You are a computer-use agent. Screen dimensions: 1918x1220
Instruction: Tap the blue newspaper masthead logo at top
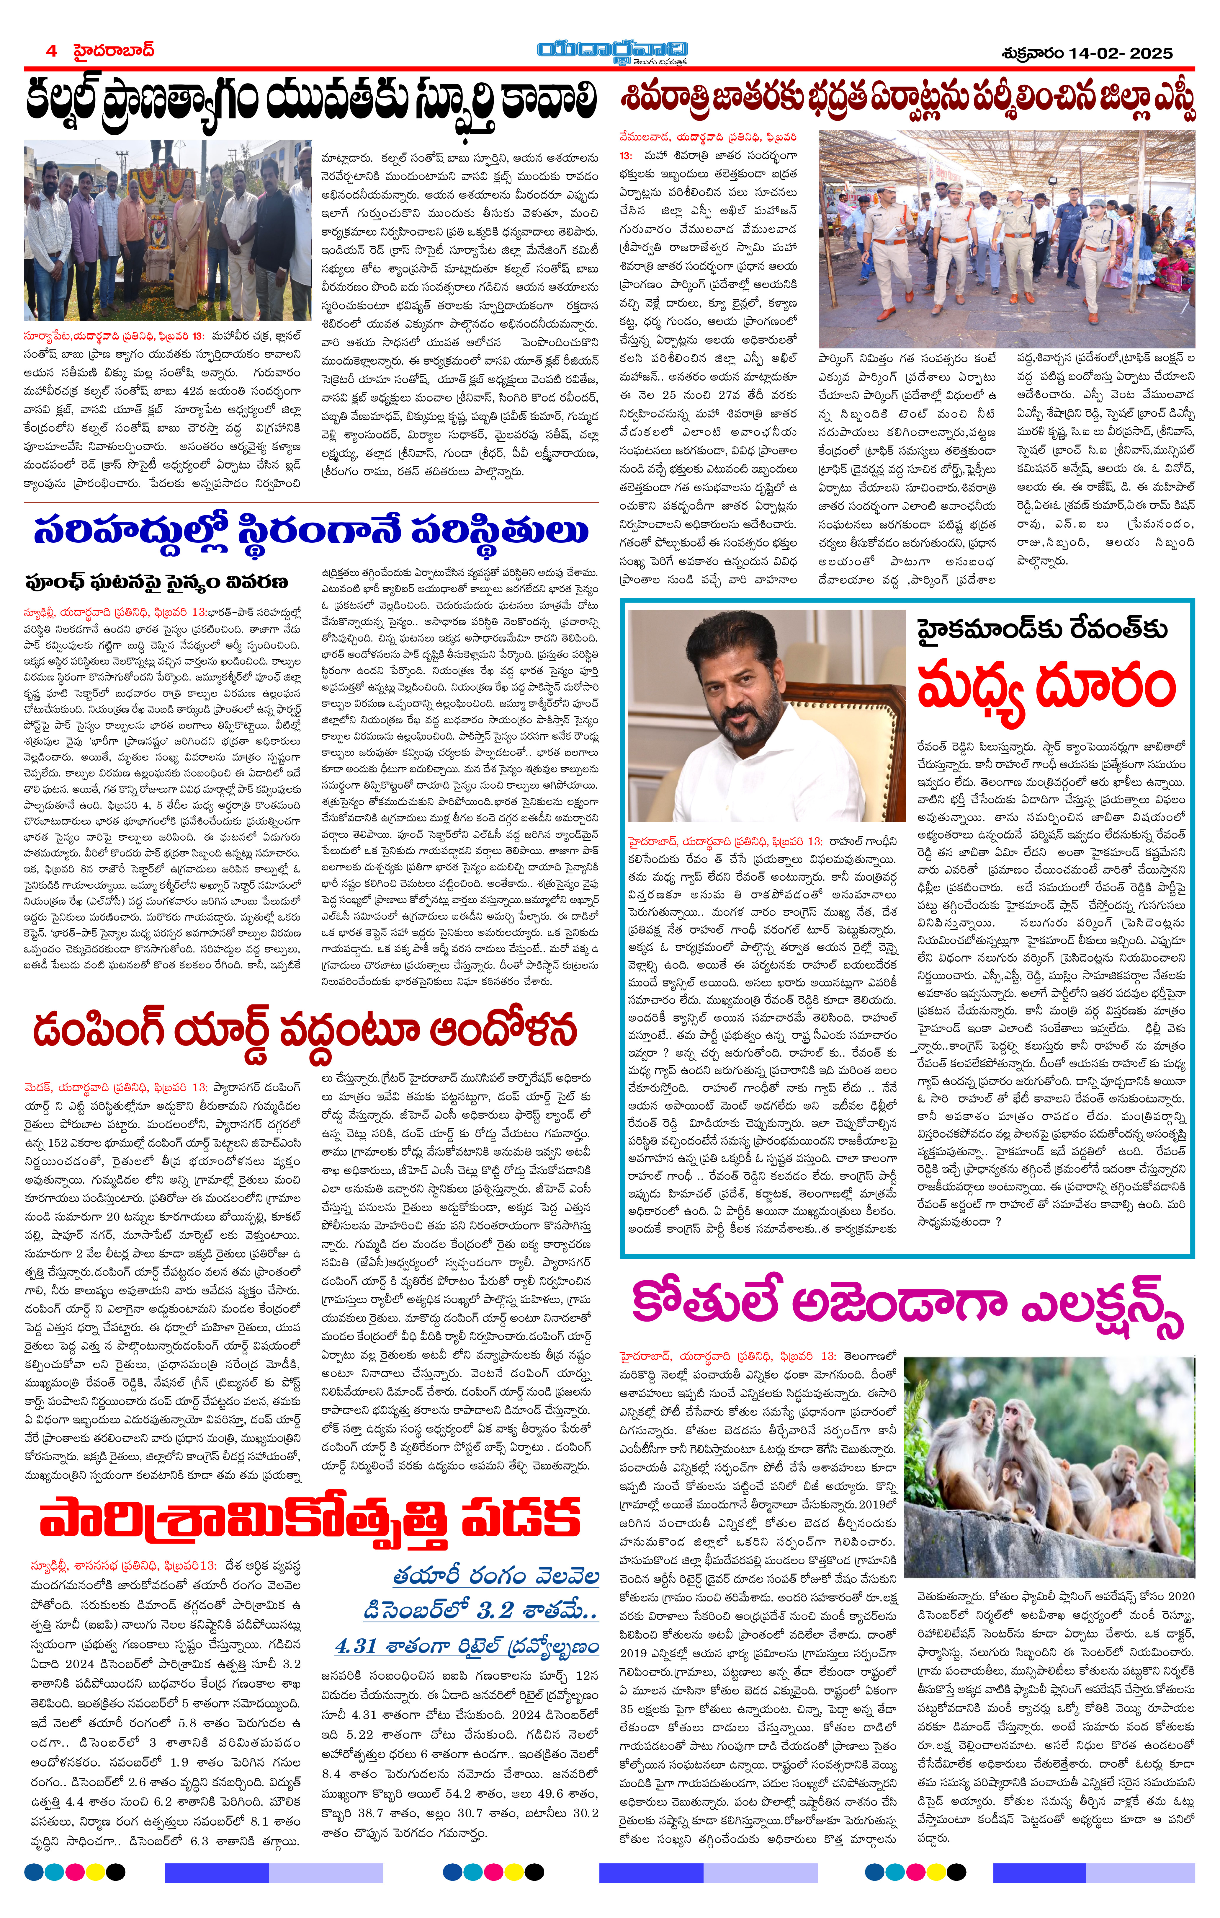(x=611, y=51)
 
